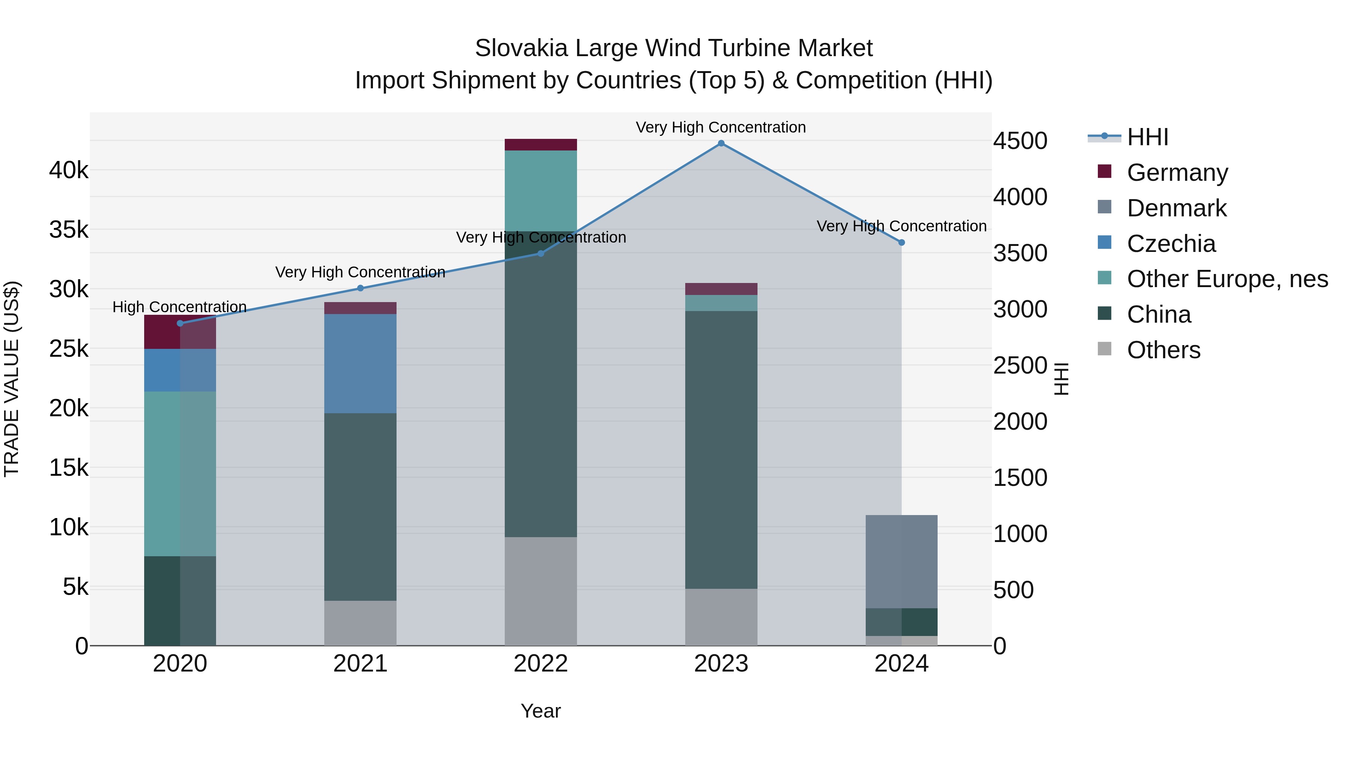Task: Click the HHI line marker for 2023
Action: click(x=721, y=143)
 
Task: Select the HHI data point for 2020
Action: click(x=180, y=323)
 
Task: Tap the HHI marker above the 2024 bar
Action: click(x=901, y=243)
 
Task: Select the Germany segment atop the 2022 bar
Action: click(x=541, y=145)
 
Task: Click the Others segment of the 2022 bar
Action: click(x=541, y=591)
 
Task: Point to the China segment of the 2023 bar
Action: click(x=721, y=450)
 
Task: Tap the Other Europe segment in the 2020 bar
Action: click(x=180, y=474)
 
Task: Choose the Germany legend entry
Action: click(x=1177, y=173)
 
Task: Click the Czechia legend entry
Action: click(x=1171, y=244)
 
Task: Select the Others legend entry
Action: click(x=1163, y=350)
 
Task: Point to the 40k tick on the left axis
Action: click(x=69, y=170)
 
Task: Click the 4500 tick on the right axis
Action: click(x=1020, y=141)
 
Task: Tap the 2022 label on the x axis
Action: click(x=541, y=664)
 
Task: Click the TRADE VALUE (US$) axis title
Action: click(x=12, y=379)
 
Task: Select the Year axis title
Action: click(x=541, y=711)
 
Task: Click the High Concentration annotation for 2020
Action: click(x=179, y=307)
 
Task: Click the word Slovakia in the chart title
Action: click(x=521, y=48)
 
